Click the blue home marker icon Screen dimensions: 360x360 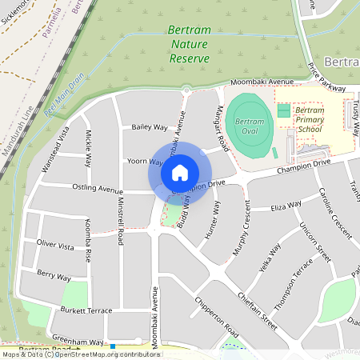pos(180,172)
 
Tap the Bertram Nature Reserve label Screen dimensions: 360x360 pos(190,44)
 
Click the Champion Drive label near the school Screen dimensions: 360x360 pos(303,166)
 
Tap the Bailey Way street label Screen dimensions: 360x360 pos(149,127)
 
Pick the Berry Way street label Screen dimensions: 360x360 pos(54,275)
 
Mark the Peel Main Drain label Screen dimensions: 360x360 pos(65,96)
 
